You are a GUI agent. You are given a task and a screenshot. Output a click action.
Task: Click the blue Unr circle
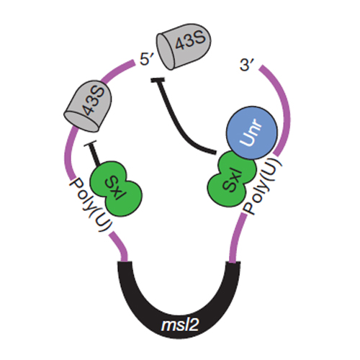(x=252, y=132)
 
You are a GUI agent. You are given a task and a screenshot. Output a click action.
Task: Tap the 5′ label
(x=146, y=59)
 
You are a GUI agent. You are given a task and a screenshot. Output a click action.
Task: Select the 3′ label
(x=246, y=65)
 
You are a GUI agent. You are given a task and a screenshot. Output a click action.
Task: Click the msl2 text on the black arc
(x=180, y=325)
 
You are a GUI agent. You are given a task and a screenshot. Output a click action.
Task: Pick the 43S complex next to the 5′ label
(x=184, y=46)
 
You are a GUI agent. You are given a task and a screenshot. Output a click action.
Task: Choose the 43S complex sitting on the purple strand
(x=88, y=106)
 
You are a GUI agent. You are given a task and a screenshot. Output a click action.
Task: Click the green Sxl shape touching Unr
(x=230, y=179)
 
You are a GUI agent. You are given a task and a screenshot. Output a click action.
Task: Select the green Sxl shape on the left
(x=116, y=189)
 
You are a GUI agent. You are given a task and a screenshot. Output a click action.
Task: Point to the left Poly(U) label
(x=90, y=204)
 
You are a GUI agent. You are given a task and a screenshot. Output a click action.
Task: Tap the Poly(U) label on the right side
(x=262, y=186)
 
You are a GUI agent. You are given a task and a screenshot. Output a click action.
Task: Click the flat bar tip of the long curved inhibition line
(x=158, y=80)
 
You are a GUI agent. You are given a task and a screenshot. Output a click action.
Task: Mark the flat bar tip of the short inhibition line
(x=90, y=143)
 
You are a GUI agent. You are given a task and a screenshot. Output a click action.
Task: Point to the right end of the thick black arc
(x=233, y=263)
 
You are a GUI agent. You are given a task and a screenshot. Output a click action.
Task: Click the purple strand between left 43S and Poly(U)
(x=69, y=153)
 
